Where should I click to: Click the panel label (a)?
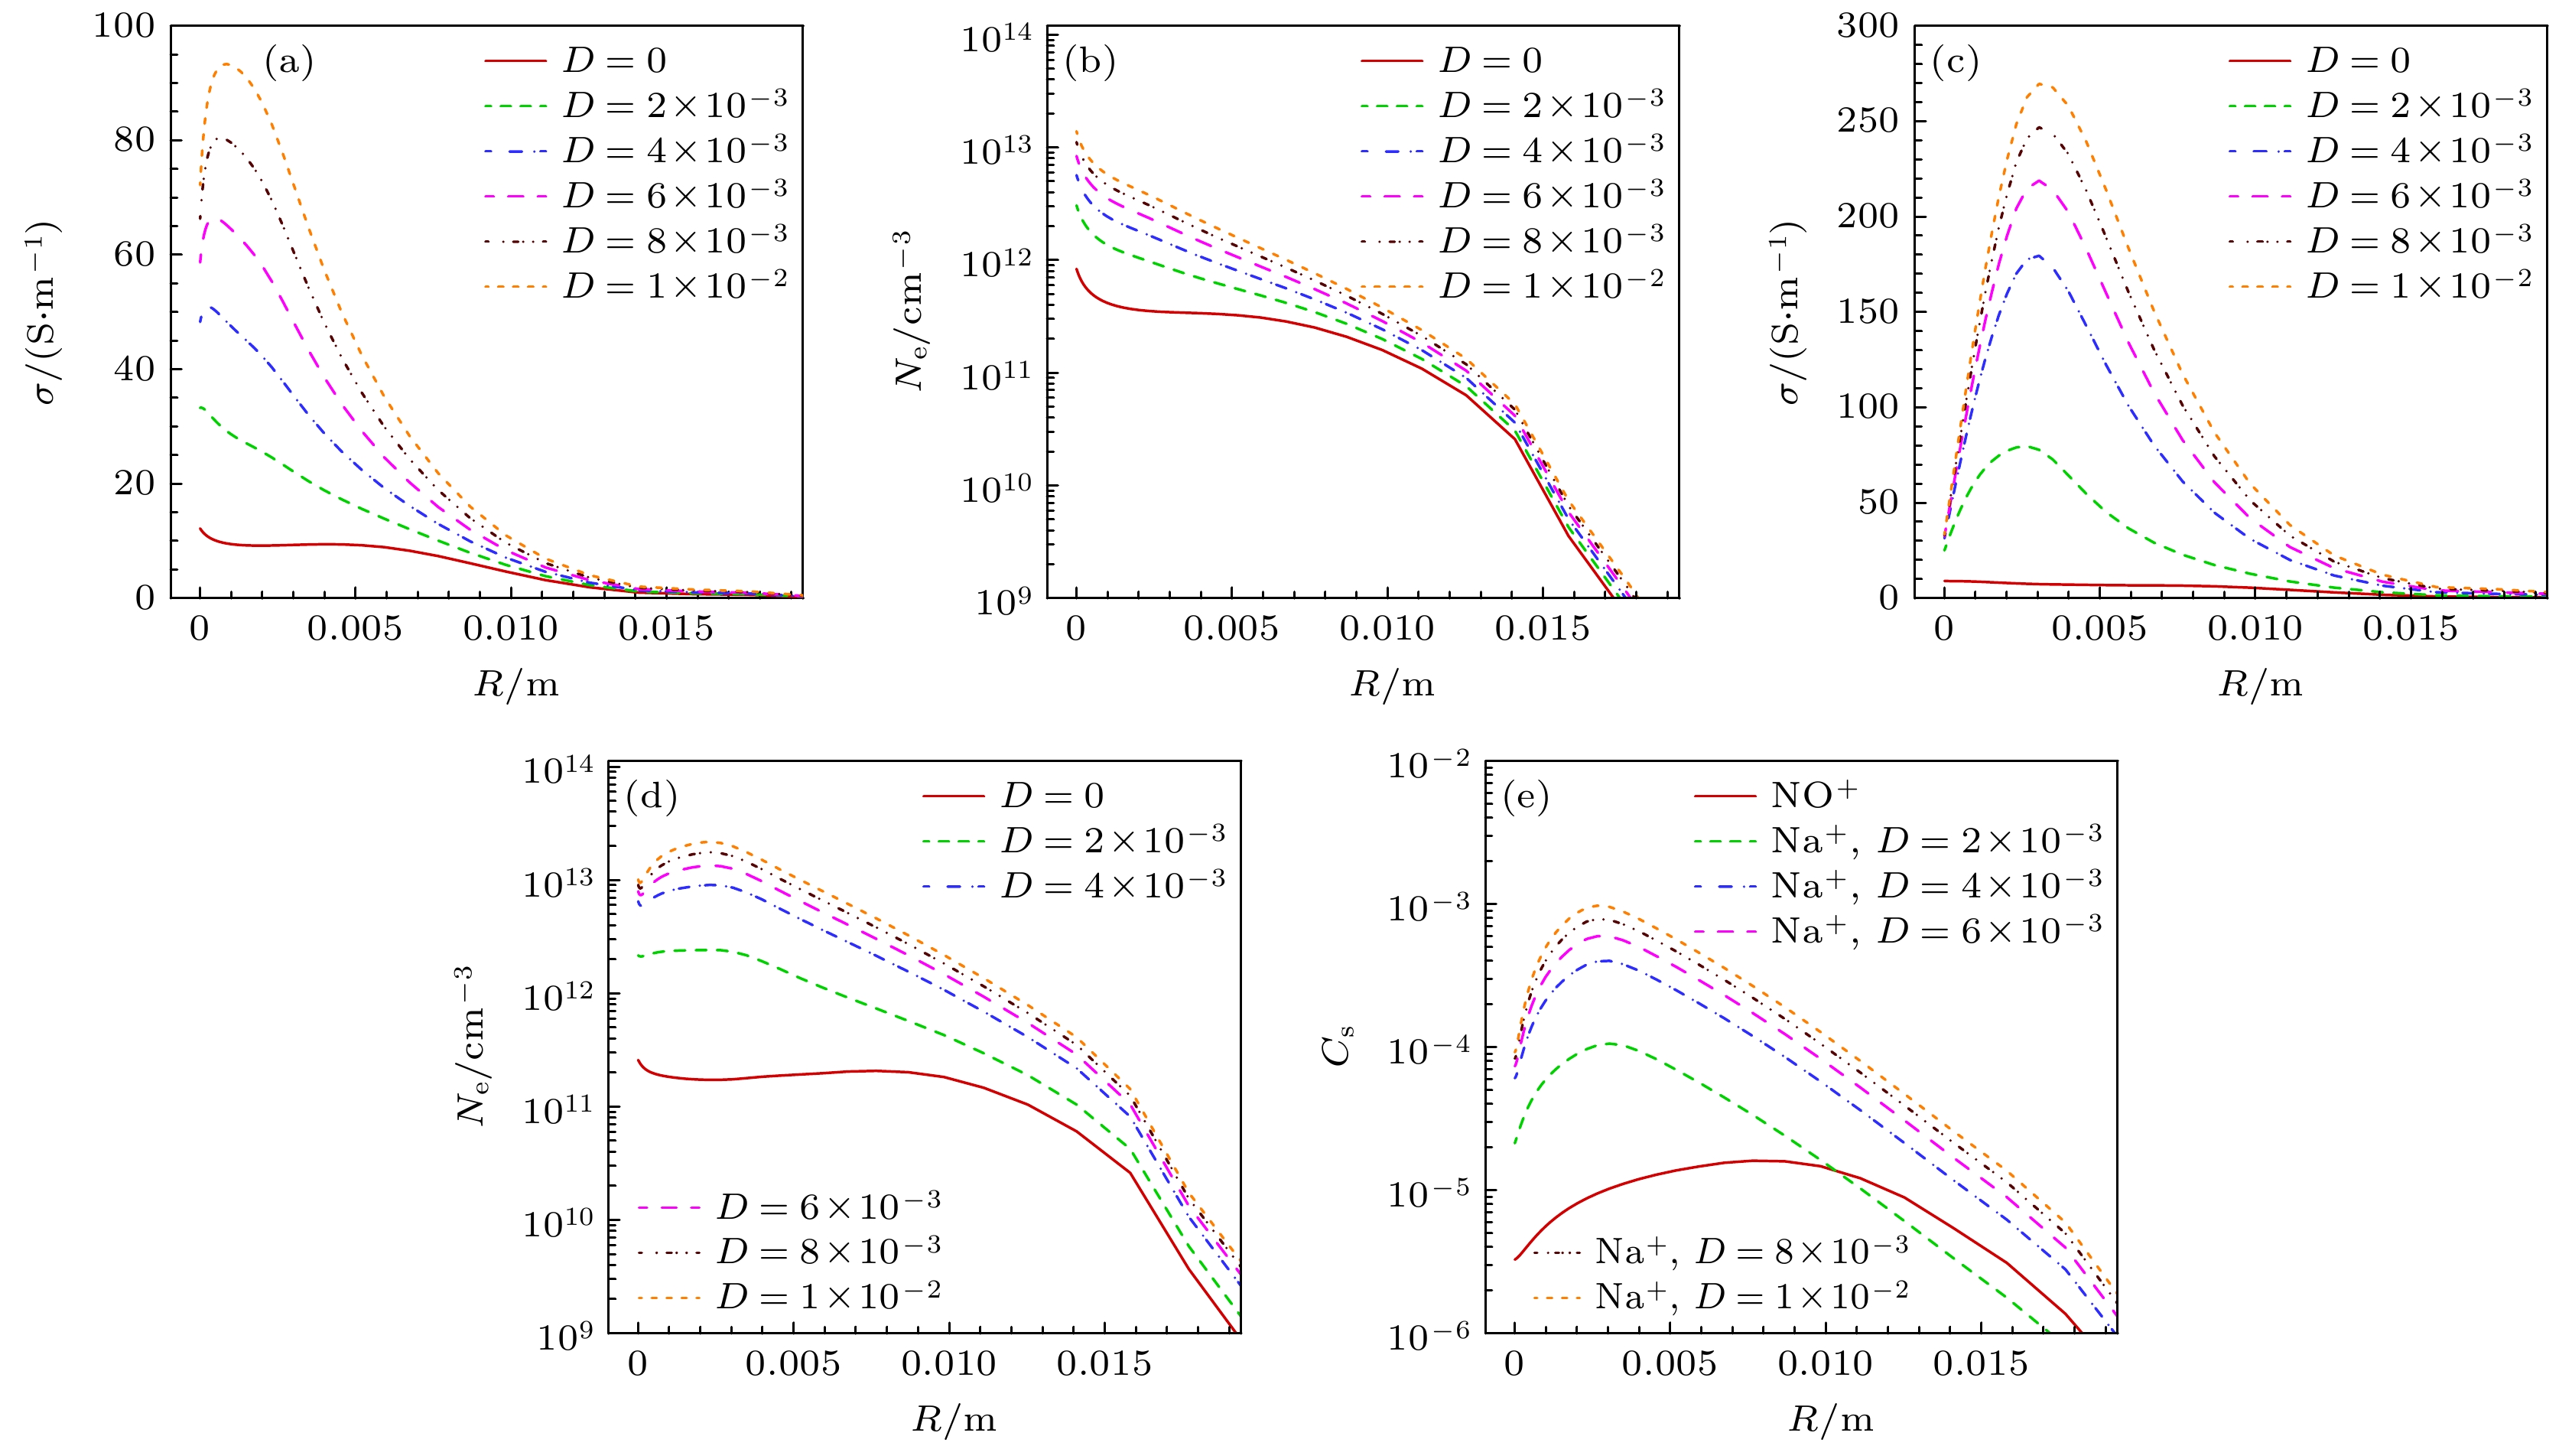pos(289,63)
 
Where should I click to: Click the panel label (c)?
pos(1955,63)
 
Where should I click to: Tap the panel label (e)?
pos(1526,797)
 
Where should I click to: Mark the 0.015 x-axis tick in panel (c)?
pos(2410,627)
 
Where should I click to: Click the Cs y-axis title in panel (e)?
pos(1339,1047)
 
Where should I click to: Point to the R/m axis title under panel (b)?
pos(1392,684)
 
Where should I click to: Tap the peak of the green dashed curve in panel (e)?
pos(1609,1044)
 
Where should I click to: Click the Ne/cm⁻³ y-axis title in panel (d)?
pos(472,1047)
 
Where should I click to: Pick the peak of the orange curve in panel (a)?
pos(227,64)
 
